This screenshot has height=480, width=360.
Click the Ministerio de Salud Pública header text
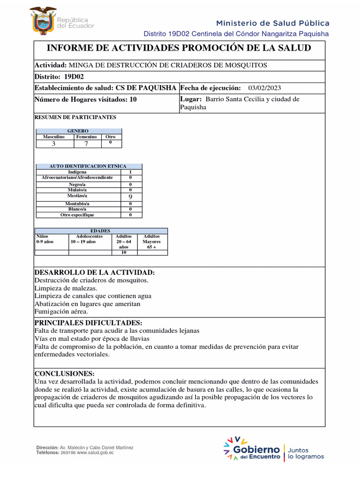272,23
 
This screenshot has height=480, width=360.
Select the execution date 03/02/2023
264,88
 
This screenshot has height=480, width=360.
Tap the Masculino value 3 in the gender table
53,144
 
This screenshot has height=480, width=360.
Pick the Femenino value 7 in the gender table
86,144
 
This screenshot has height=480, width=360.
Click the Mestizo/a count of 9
130,197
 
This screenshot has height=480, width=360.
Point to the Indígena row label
77,172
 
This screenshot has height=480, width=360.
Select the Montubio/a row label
77,204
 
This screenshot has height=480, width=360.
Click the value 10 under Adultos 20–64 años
124,252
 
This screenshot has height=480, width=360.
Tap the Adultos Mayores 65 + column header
151,241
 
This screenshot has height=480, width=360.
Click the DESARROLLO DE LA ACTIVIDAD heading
95,273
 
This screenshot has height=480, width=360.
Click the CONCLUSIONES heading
65,374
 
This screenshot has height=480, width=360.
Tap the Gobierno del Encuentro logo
253,449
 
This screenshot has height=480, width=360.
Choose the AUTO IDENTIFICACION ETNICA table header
89,166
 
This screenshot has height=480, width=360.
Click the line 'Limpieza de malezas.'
66,288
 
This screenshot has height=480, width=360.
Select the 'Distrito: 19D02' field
53,77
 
